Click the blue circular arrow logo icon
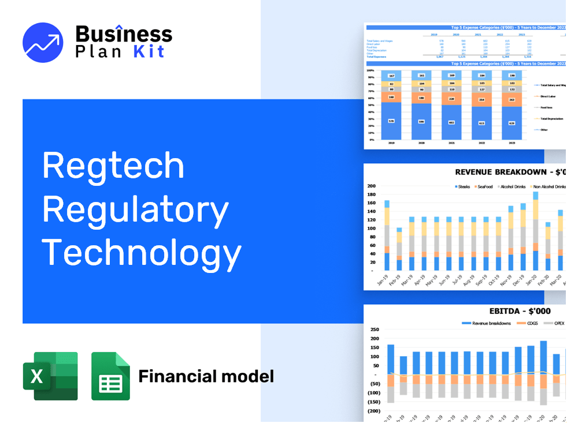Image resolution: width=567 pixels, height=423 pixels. [x=43, y=42]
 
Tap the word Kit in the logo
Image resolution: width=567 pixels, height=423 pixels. [x=149, y=51]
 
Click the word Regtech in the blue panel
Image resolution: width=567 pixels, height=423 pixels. [x=113, y=166]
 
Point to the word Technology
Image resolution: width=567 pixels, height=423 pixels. [x=142, y=253]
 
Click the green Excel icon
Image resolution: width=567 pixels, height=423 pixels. [x=50, y=376]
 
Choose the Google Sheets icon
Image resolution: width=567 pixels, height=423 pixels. [x=110, y=376]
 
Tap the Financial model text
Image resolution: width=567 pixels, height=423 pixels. [x=206, y=377]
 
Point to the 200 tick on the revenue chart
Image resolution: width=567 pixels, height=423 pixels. [x=371, y=186]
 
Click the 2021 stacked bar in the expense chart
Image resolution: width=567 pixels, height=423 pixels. [x=451, y=106]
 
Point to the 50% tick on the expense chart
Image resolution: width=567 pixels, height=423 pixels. [x=370, y=104]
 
